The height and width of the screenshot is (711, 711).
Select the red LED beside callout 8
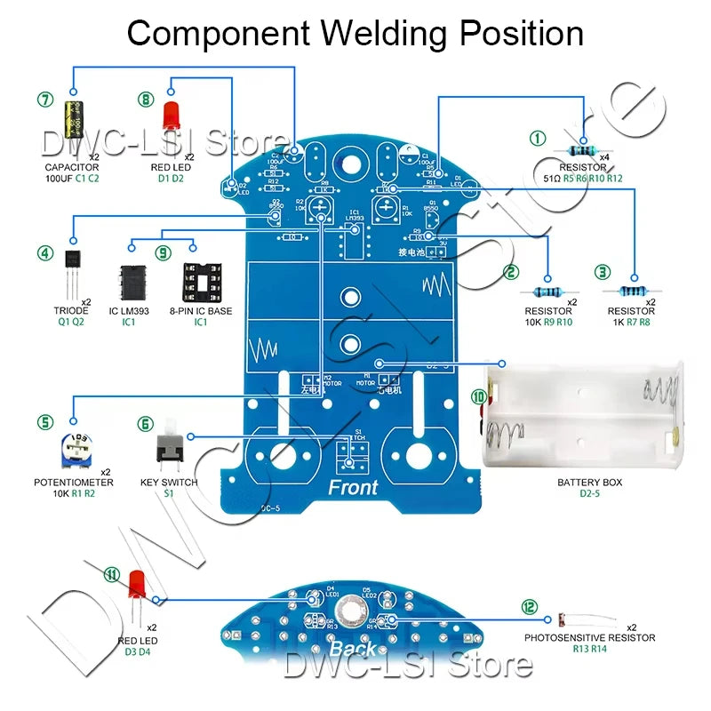coord(170,116)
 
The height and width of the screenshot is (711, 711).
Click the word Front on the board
coord(353,487)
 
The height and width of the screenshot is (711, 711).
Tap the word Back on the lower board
coord(353,648)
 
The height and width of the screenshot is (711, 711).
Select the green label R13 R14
coord(589,650)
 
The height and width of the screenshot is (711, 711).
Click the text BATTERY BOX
coord(589,483)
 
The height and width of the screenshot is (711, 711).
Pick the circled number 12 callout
coord(530,607)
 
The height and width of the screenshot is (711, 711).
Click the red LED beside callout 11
coord(137,587)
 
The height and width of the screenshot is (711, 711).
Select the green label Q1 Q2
coord(71,323)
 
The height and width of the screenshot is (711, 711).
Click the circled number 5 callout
coord(44,423)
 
